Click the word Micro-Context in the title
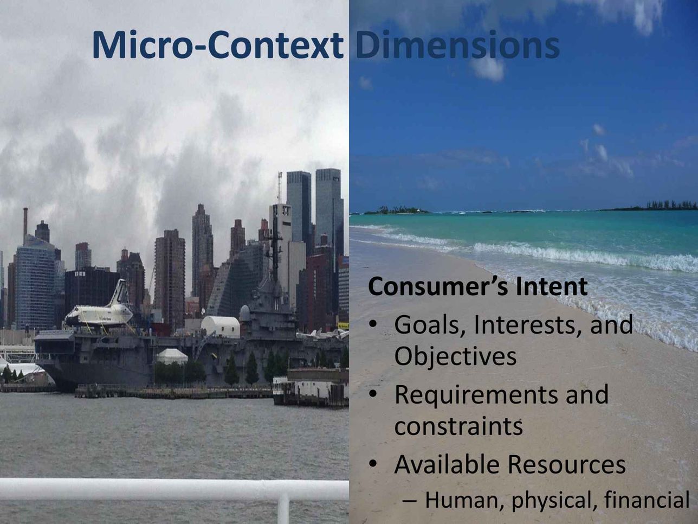pyautogui.click(x=218, y=44)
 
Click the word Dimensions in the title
pyautogui.click(x=457, y=44)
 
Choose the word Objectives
pyautogui.click(x=455, y=356)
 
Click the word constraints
pyautogui.click(x=458, y=427)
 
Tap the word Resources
pyautogui.click(x=566, y=465)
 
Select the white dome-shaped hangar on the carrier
pyautogui.click(x=221, y=327)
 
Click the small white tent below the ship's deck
pyautogui.click(x=172, y=356)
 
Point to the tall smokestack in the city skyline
pyautogui.click(x=25, y=222)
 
